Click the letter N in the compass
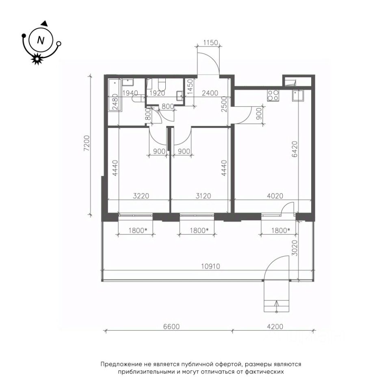(x=41, y=40)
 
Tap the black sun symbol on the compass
(x=37, y=58)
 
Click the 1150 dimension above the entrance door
(x=210, y=43)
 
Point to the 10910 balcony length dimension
(x=210, y=266)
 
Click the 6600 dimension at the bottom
(x=171, y=326)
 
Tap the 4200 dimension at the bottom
(x=275, y=326)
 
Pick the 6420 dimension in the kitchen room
(x=295, y=149)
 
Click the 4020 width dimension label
(x=275, y=196)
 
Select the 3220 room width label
(x=141, y=196)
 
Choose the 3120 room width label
(x=203, y=196)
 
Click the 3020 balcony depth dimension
(x=295, y=248)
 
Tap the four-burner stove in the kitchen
(x=273, y=95)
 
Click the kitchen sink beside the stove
(x=298, y=96)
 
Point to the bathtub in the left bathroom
(x=115, y=95)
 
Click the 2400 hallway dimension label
(x=210, y=93)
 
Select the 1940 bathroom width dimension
(x=130, y=93)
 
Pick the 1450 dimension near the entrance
(x=190, y=86)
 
